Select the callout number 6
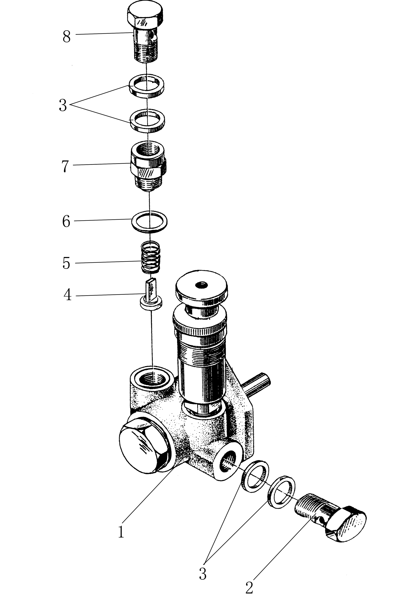coord(66,221)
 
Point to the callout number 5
coord(66,263)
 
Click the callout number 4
coord(67,295)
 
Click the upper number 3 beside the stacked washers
coord(63,105)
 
